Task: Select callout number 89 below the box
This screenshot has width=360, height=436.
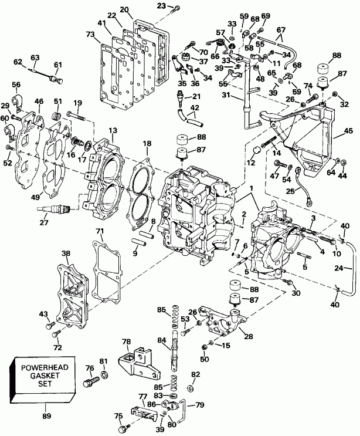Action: click(47, 416)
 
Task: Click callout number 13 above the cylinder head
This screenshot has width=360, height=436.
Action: click(96, 130)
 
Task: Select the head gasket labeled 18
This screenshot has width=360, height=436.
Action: click(141, 188)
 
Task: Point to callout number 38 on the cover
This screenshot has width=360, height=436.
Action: click(66, 254)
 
